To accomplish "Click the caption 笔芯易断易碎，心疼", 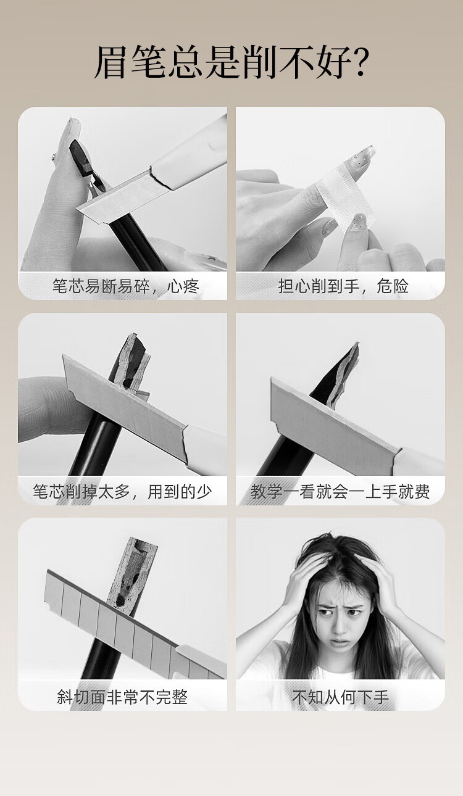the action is tap(125, 286).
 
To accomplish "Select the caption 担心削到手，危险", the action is tap(343, 286).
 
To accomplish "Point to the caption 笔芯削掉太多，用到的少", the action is tap(122, 491).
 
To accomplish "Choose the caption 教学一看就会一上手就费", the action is tap(340, 491).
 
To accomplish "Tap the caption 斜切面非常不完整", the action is tap(122, 697).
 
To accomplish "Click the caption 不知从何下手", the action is tap(340, 697).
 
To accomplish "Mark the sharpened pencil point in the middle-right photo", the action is tap(340, 376).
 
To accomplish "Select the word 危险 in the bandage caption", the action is tap(393, 286).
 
